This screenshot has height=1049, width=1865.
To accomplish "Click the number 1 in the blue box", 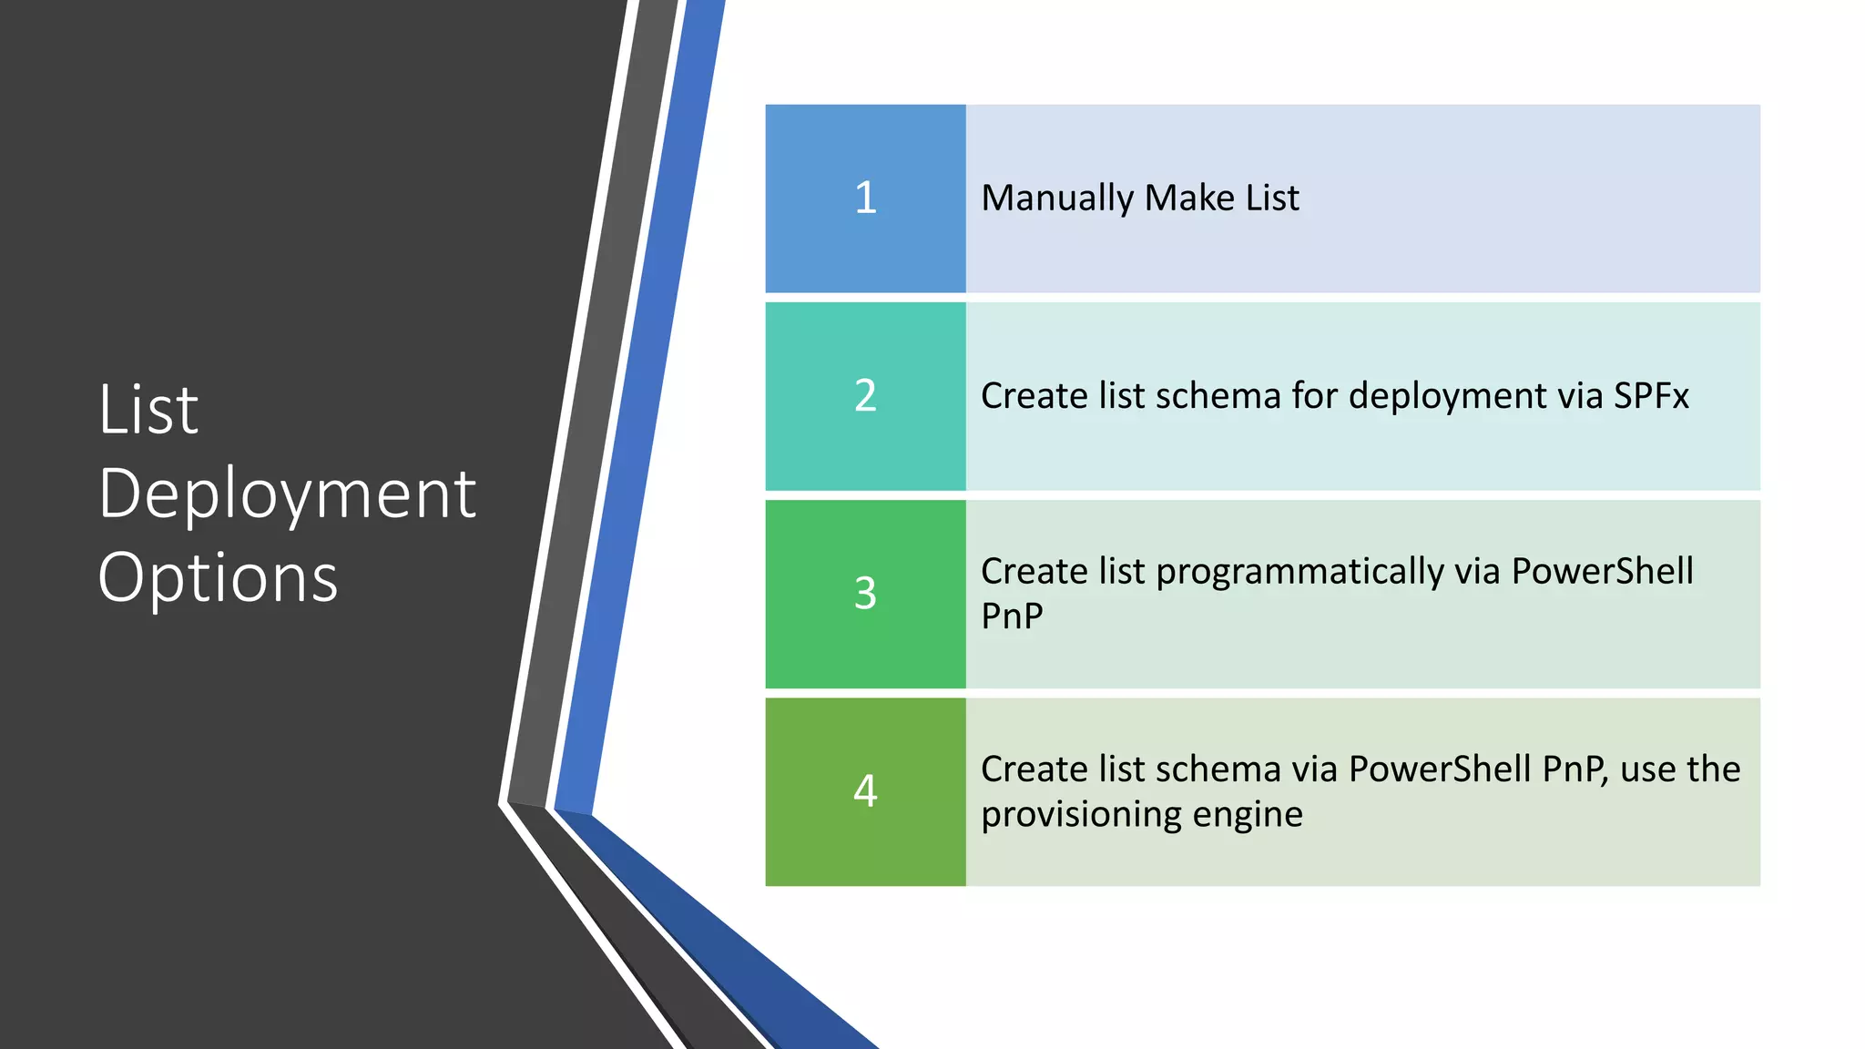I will [x=865, y=198].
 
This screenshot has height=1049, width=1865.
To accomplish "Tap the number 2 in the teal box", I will [x=865, y=395].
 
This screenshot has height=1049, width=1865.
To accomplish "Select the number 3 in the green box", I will [x=865, y=593].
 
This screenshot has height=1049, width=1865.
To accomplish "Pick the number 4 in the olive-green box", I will [x=865, y=790].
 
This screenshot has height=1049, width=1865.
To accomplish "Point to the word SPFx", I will [x=1651, y=396].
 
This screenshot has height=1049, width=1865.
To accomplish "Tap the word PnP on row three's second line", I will [x=1012, y=616].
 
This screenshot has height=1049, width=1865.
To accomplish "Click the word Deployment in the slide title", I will [x=287, y=494].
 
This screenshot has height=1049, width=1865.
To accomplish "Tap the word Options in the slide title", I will [x=218, y=578].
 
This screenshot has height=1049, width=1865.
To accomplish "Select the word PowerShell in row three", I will [x=1602, y=572].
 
